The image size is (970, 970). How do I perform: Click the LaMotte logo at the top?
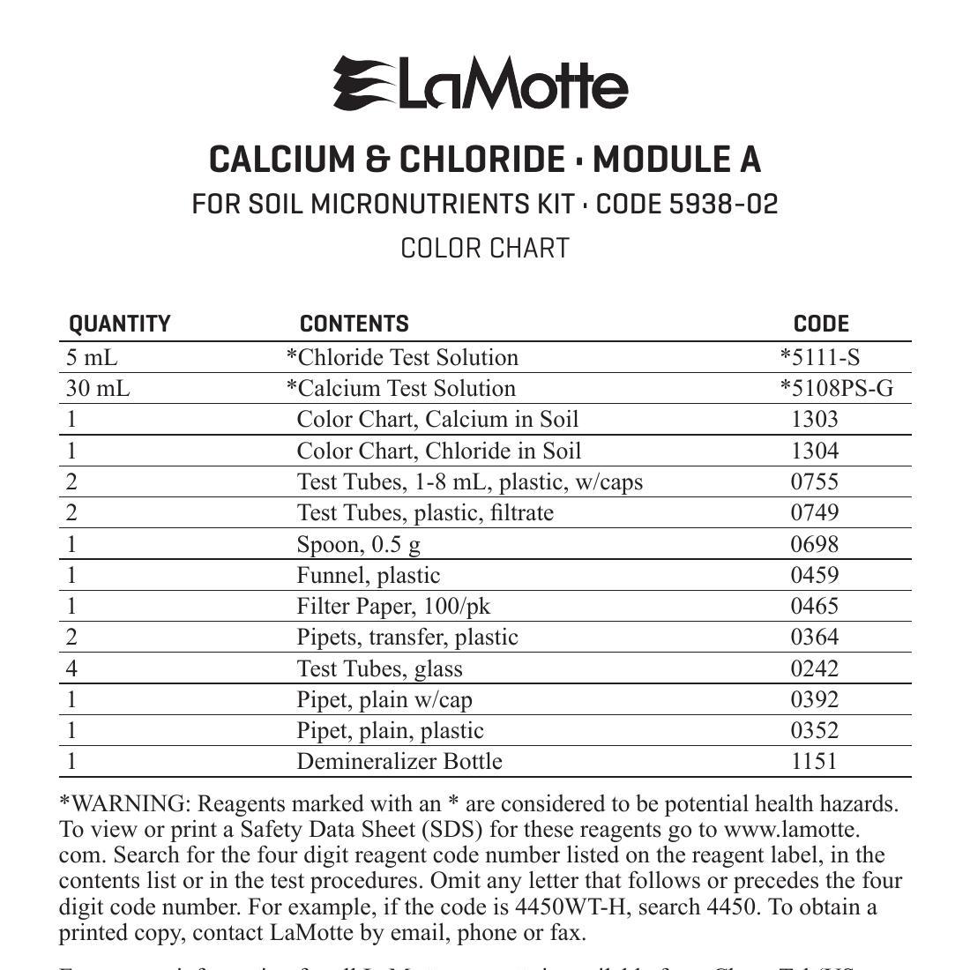tap(481, 84)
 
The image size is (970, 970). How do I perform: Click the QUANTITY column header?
tap(120, 325)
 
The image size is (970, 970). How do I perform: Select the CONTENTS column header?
tap(354, 325)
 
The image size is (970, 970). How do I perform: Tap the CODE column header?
tap(821, 325)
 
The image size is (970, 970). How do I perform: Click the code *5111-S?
tap(819, 357)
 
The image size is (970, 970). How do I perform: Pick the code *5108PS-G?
tap(836, 389)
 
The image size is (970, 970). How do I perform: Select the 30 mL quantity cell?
tap(98, 389)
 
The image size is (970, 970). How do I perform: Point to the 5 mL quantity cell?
tap(92, 357)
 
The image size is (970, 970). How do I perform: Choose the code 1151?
tap(814, 761)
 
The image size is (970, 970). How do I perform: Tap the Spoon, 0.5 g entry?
tap(359, 544)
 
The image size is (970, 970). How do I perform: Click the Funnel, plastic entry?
tap(369, 575)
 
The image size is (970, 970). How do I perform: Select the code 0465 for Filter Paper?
tap(814, 606)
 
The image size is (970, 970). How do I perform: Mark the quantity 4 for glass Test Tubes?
tap(72, 668)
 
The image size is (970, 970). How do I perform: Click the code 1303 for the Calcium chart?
tap(814, 419)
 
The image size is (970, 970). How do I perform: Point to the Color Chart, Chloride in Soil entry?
tap(439, 451)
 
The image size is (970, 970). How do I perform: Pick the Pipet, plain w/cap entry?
tap(384, 699)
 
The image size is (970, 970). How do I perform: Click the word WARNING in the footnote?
tap(128, 804)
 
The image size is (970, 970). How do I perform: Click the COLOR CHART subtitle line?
tap(485, 249)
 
